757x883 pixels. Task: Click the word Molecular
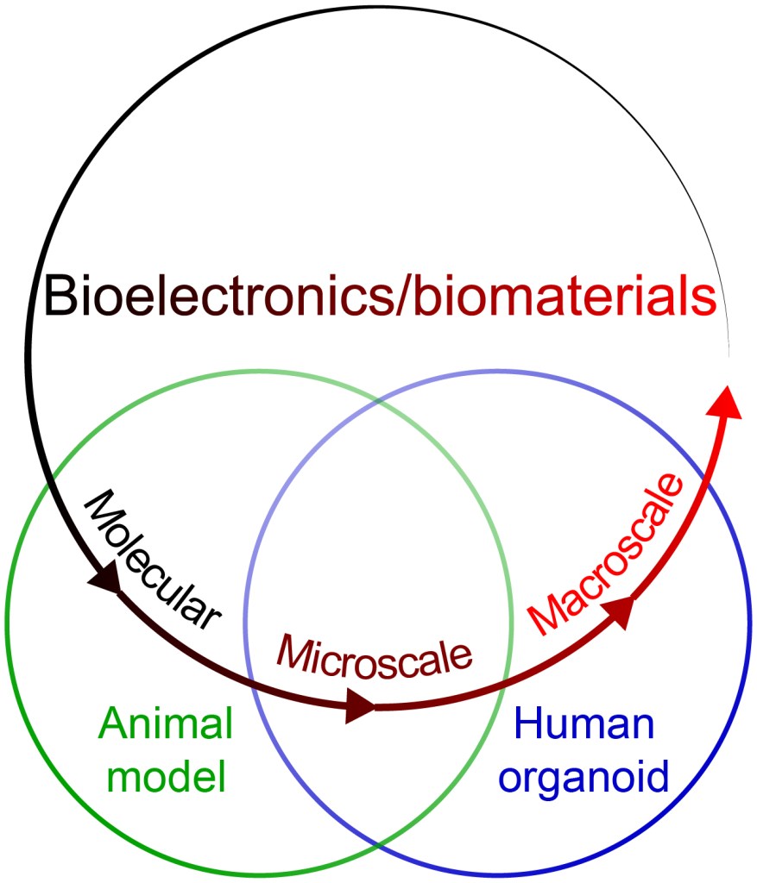(154, 560)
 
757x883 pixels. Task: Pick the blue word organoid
(585, 777)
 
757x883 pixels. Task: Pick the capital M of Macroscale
(542, 617)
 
